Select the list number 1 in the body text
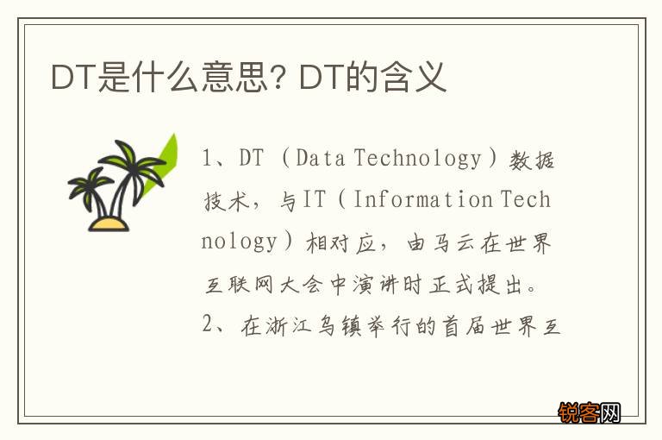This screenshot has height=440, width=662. click(x=207, y=159)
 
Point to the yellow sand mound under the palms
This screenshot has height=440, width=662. click(x=109, y=223)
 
